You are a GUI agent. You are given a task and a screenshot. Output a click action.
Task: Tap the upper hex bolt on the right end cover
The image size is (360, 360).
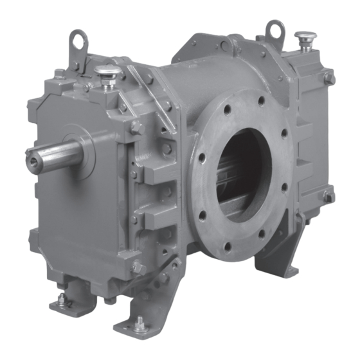pyautogui.click(x=328, y=78)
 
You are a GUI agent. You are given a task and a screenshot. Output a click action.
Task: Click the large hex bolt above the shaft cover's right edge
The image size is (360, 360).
pyautogui.click(x=136, y=127)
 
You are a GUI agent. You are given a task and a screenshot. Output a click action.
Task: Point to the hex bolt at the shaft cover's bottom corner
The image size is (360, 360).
pyautogui.click(x=136, y=267)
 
